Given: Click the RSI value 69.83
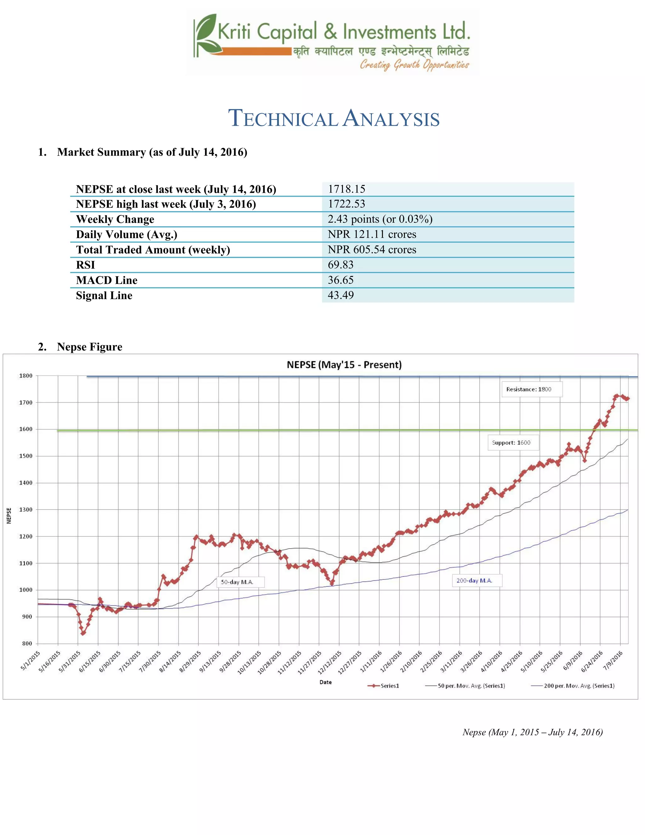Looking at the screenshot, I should click(x=340, y=265).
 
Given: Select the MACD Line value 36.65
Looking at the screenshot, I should click(x=340, y=280).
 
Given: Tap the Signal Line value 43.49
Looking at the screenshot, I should click(x=340, y=295).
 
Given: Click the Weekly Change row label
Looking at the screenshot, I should click(x=115, y=219).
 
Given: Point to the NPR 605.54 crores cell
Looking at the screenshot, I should click(x=372, y=249).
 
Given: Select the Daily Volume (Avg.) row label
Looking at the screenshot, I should click(x=127, y=234).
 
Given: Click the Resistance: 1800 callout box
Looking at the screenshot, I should click(x=531, y=389).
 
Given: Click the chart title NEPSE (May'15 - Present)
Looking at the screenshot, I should click(x=344, y=365).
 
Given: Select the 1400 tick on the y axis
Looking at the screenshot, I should click(x=26, y=483).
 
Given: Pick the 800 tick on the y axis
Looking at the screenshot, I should click(x=27, y=643).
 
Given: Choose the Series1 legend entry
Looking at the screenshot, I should click(x=384, y=686).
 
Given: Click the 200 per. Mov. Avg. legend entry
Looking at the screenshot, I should click(x=573, y=686).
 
